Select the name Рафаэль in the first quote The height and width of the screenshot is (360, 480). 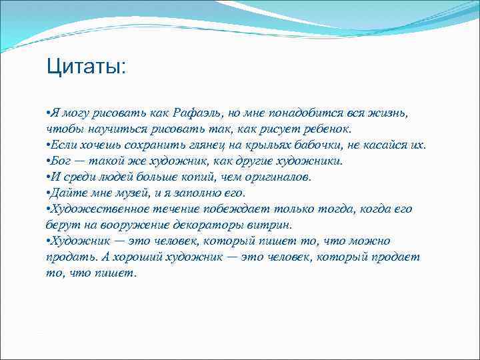201,113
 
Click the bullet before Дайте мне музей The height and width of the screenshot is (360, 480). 49,193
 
